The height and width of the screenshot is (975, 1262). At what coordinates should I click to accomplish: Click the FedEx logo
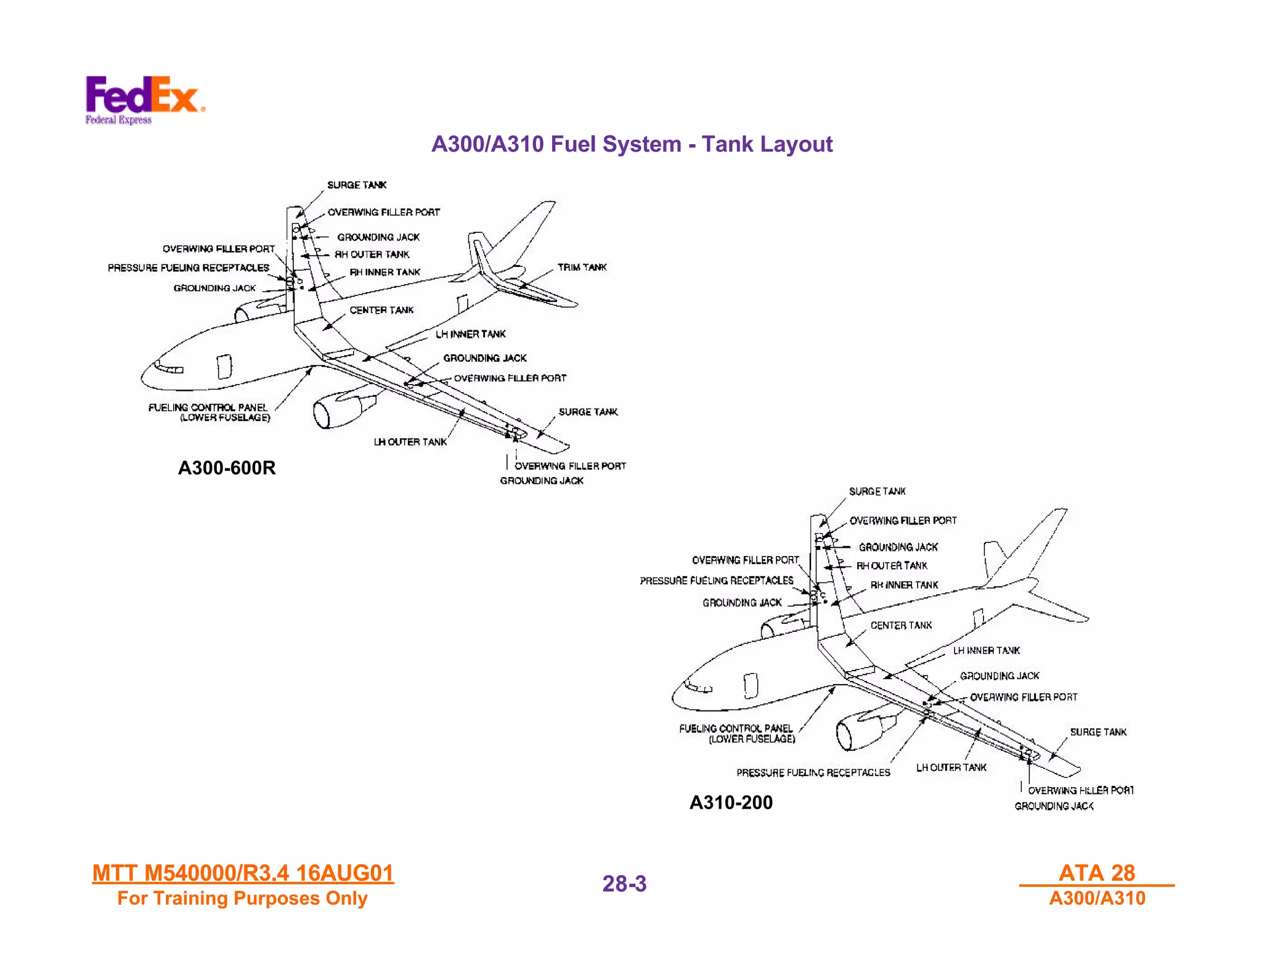[144, 99]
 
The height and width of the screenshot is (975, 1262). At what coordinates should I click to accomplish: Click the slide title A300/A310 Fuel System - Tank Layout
[632, 144]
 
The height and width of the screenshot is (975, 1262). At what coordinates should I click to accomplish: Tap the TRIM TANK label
[582, 267]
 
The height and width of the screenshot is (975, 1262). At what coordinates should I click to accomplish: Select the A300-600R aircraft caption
[227, 468]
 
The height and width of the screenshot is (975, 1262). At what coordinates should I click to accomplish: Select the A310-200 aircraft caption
[731, 802]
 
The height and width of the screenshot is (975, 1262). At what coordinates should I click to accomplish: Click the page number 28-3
[624, 884]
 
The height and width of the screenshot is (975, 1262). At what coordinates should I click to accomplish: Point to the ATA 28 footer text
[1096, 873]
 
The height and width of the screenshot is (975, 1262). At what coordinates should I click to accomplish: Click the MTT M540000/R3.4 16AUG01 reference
[243, 873]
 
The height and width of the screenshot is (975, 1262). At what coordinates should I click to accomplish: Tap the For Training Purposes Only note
[242, 899]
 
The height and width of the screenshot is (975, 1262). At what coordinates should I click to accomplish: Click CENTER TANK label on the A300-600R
[381, 310]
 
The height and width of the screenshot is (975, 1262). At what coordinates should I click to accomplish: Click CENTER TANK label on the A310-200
[901, 626]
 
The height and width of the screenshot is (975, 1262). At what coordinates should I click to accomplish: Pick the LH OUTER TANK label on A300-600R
[410, 442]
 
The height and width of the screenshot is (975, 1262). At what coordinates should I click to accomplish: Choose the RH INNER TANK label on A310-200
[904, 585]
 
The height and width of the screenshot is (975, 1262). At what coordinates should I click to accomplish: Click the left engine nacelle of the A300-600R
[336, 410]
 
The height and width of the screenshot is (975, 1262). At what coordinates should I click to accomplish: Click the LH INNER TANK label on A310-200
[986, 651]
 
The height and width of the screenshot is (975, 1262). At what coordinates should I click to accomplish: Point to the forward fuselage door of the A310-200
[751, 685]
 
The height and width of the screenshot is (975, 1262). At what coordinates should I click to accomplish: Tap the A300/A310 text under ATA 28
[1097, 899]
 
